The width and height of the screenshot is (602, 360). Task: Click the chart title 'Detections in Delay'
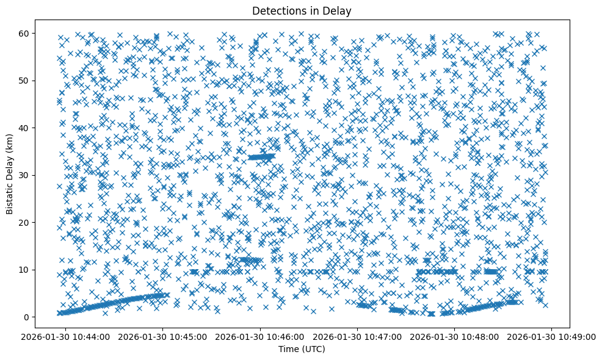tap(302, 10)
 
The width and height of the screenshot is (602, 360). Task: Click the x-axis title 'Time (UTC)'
tap(302, 349)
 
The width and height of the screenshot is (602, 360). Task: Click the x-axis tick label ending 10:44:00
tap(66, 336)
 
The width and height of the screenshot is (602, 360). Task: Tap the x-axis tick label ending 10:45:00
tap(163, 336)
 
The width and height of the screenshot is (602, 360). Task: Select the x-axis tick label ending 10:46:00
tap(261, 336)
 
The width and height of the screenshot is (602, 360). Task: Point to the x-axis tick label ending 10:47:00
tap(358, 336)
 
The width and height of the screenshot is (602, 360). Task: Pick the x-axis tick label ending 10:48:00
tap(455, 336)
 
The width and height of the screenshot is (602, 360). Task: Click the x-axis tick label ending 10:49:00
tap(552, 336)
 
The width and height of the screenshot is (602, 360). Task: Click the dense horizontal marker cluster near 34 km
tap(261, 157)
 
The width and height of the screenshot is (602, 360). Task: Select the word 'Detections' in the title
tap(276, 10)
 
